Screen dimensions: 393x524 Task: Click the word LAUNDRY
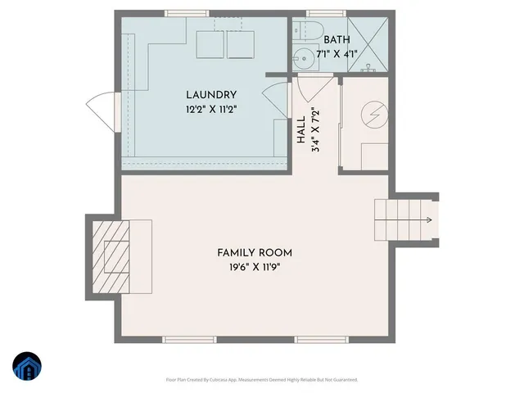point(210,95)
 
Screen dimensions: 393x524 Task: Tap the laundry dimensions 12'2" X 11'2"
point(210,109)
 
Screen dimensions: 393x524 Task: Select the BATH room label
point(337,40)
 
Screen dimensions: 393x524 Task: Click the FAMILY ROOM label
point(254,252)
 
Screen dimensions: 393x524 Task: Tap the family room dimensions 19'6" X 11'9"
point(254,267)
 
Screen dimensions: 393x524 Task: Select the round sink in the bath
point(305,58)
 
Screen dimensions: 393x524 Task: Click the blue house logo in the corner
point(27,367)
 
